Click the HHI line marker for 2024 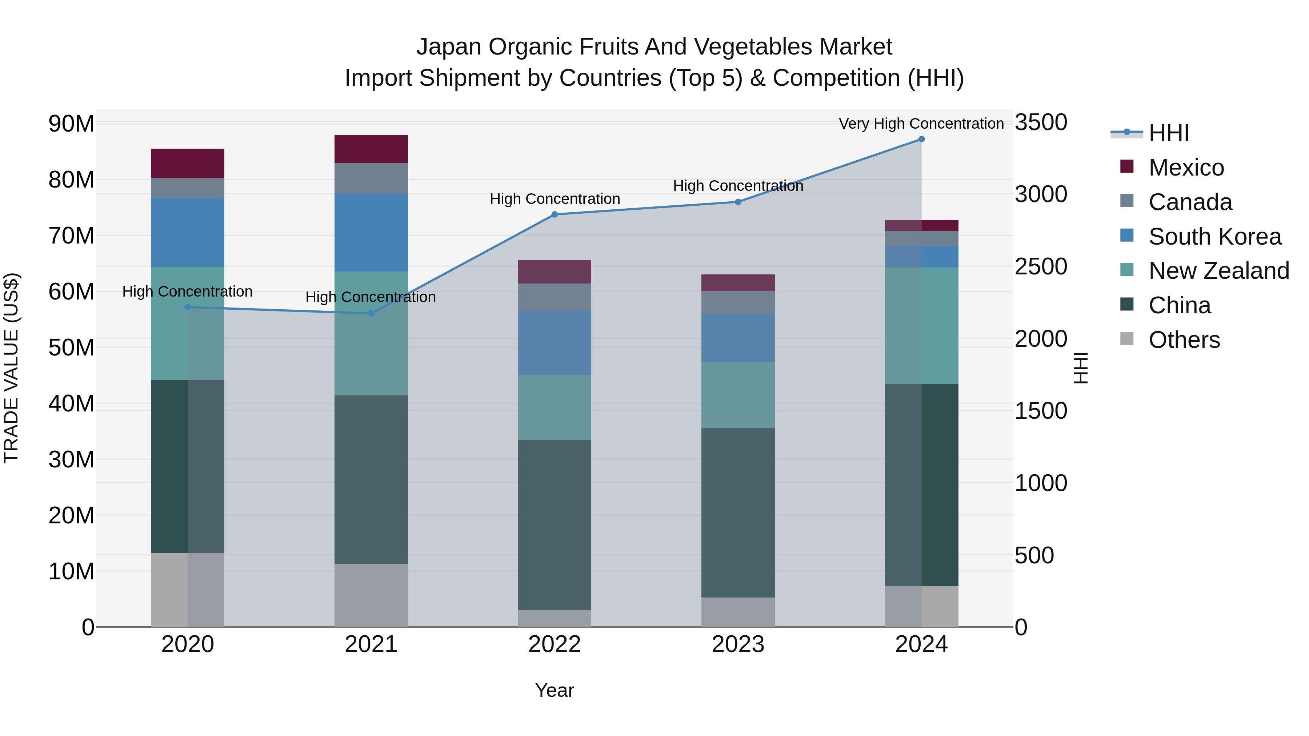[921, 139]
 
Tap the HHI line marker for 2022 [555, 215]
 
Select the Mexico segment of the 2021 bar [371, 149]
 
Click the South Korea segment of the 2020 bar [188, 232]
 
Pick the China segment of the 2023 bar [738, 512]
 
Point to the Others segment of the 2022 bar [555, 618]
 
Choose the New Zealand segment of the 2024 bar [921, 326]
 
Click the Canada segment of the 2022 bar [555, 297]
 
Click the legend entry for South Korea [1214, 237]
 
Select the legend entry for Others [1184, 340]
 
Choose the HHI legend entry [1168, 133]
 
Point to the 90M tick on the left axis [71, 124]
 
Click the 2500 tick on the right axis [1041, 267]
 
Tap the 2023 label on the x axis [738, 644]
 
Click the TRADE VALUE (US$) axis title [11, 368]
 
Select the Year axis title [555, 690]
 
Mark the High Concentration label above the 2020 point [188, 291]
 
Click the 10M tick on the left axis [71, 571]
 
